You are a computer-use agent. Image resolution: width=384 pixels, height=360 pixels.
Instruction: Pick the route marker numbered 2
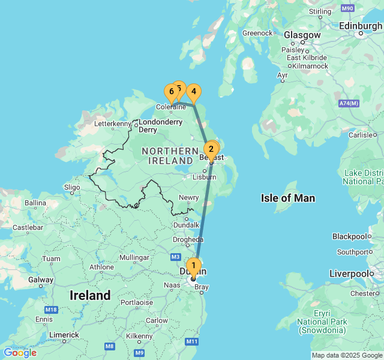(x=211, y=149)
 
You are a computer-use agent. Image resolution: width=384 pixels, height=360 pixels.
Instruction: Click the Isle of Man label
(x=288, y=198)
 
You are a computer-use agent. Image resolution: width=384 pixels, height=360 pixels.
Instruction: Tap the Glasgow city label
(x=302, y=35)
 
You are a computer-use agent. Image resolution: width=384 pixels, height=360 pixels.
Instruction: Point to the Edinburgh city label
(x=361, y=26)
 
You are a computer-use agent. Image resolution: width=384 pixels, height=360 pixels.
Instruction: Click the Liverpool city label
(x=349, y=274)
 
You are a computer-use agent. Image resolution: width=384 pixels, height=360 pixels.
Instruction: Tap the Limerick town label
(x=64, y=335)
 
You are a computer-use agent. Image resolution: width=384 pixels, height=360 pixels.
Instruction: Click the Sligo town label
(x=71, y=187)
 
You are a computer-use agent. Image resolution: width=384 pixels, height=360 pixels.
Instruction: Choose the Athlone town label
(x=101, y=267)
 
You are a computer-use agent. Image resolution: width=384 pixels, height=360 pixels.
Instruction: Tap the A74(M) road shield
(x=348, y=104)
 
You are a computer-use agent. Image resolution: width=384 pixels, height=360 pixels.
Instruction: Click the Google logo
(x=20, y=352)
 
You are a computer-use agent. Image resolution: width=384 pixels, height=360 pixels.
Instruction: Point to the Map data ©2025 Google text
(x=347, y=355)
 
